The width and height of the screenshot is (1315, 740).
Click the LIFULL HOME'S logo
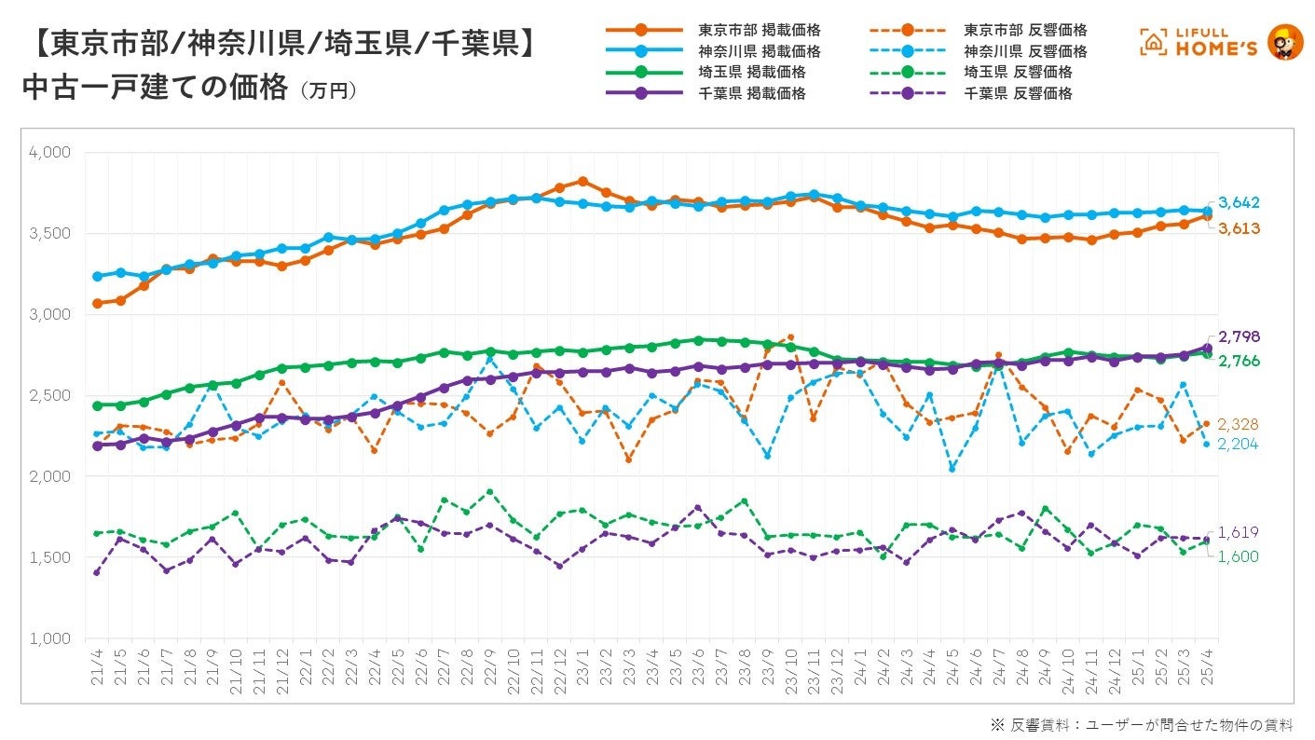click(x=1221, y=43)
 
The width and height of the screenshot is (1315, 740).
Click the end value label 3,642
click(x=1240, y=203)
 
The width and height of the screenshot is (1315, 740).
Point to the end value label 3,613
click(x=1240, y=227)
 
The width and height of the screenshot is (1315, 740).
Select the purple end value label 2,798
click(x=1240, y=336)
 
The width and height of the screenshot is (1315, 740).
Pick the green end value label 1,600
click(x=1240, y=556)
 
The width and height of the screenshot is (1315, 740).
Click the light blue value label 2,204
click(x=1240, y=445)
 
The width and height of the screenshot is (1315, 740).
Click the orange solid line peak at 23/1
click(x=582, y=181)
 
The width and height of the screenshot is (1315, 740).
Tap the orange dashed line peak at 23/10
click(x=790, y=337)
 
